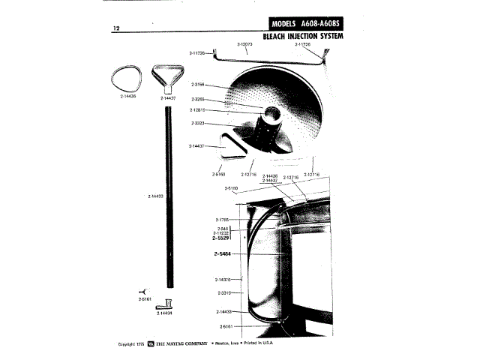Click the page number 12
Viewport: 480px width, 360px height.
[x=116, y=28]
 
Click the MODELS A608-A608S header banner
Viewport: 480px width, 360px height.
[x=309, y=22]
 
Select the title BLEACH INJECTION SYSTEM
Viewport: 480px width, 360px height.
[x=308, y=35]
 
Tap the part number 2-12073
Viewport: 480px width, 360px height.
[x=246, y=44]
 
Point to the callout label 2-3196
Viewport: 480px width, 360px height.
[x=199, y=84]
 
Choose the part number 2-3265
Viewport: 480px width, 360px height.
[x=199, y=99]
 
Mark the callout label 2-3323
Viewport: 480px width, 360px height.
[x=199, y=122]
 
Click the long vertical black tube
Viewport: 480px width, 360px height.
[x=167, y=195]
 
